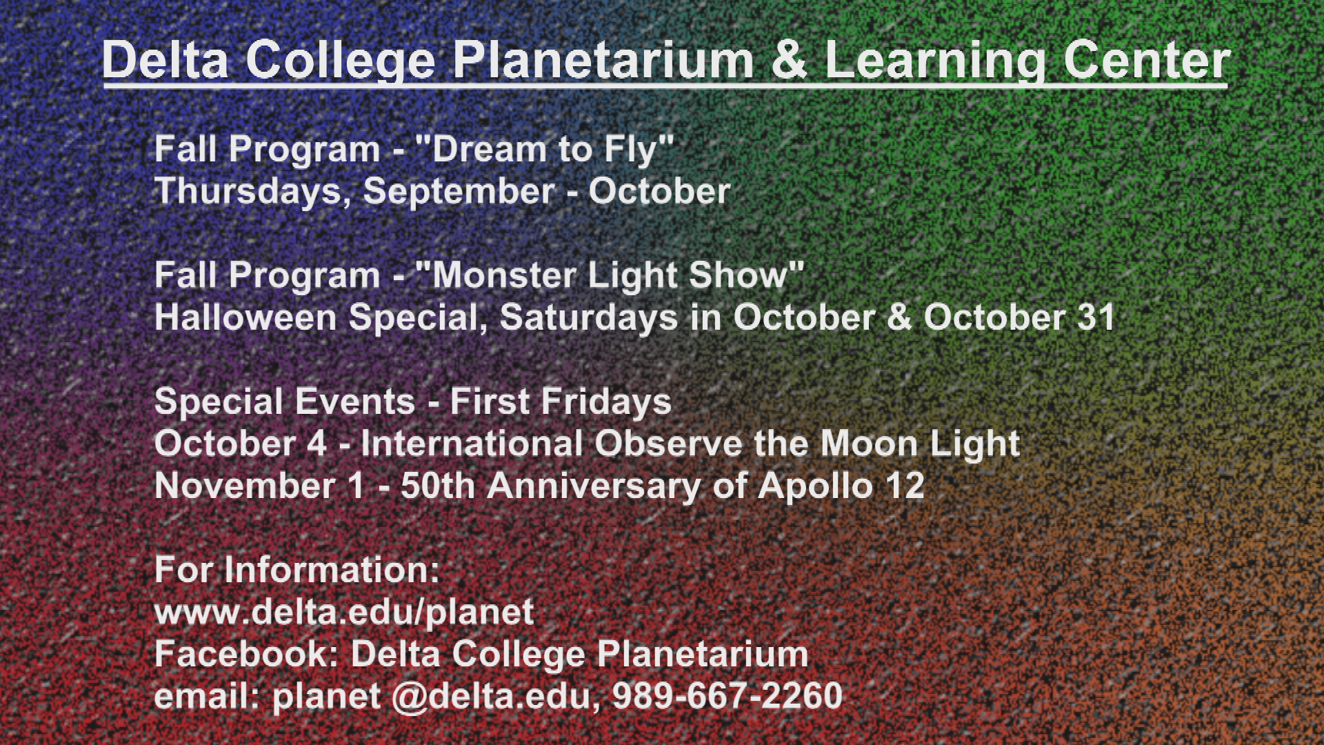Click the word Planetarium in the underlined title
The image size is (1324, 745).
coord(603,61)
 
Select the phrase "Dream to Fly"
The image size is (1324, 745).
coord(543,150)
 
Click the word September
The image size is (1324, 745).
coord(459,192)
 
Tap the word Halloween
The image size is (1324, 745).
coord(245,317)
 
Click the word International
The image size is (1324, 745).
coord(472,444)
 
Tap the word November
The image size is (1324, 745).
coord(245,486)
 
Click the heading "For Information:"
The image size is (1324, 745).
coord(297,570)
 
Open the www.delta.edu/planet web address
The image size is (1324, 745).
coord(344,613)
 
